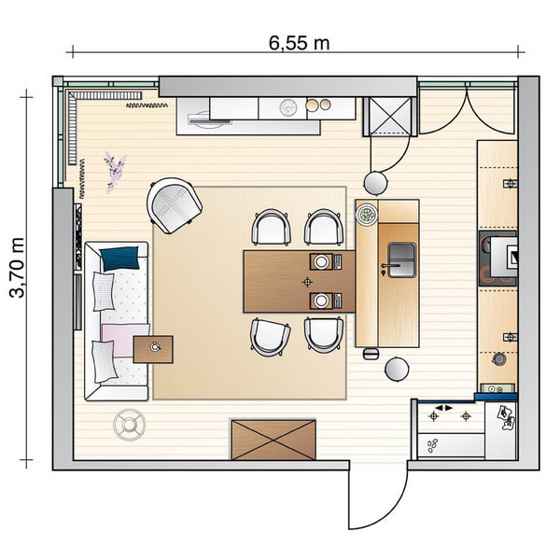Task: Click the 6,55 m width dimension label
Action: click(x=299, y=42)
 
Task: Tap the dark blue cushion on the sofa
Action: click(x=121, y=258)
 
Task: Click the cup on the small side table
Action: click(x=155, y=347)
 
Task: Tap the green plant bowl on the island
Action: click(x=368, y=216)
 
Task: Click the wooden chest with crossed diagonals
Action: click(x=273, y=439)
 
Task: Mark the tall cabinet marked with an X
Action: click(x=389, y=116)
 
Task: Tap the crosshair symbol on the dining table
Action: click(x=308, y=281)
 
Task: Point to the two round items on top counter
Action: click(x=319, y=105)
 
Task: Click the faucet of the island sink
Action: click(x=384, y=270)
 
